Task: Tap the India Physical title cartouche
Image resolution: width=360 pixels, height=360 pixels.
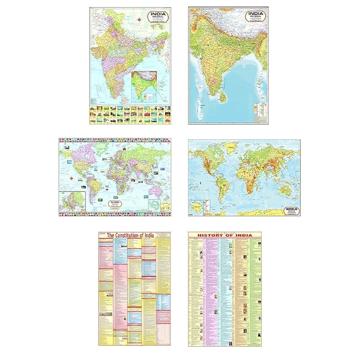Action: click(255, 17)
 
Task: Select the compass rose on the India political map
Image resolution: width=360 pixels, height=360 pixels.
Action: click(139, 20)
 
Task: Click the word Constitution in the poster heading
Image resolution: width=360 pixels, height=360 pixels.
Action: click(128, 235)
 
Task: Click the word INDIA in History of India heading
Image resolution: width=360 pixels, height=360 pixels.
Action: click(244, 235)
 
